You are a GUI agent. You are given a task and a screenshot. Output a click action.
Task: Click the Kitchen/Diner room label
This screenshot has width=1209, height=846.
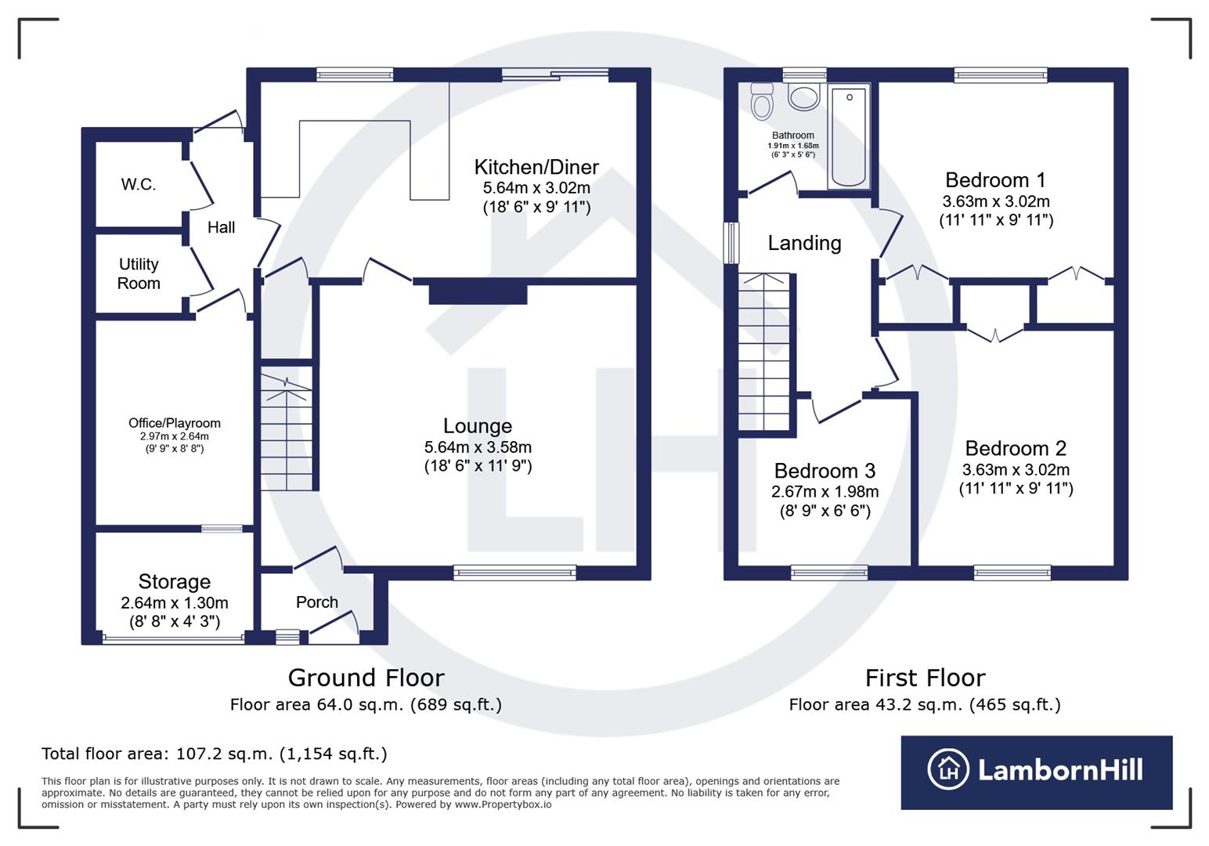536,167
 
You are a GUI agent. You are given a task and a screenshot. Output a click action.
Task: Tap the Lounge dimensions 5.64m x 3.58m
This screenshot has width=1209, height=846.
478,447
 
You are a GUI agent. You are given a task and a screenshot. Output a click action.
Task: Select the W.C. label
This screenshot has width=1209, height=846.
139,185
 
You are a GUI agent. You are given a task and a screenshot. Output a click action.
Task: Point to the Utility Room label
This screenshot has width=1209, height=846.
139,274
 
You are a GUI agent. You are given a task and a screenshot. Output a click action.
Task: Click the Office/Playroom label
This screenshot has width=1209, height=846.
175,423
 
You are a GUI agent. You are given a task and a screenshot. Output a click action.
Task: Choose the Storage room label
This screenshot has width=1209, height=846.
175,581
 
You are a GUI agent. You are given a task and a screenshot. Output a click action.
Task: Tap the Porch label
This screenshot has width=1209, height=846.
317,602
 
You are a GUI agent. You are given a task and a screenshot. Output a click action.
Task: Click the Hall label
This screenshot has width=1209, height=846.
221,227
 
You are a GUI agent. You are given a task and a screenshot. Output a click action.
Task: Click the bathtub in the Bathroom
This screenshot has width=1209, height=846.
849,137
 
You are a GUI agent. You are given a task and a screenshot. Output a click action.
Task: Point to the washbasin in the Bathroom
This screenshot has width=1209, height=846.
803,97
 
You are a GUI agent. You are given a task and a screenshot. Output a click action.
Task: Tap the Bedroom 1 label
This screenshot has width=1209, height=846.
995,180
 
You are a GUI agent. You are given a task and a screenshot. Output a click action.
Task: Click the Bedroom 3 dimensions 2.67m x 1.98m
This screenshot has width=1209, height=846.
825,492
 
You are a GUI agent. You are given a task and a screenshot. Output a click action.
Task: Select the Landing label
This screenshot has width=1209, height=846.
804,243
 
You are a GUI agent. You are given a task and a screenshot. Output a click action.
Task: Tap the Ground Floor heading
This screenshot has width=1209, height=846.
366,678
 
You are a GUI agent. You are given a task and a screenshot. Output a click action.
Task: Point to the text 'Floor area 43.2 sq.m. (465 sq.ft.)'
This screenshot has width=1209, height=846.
925,704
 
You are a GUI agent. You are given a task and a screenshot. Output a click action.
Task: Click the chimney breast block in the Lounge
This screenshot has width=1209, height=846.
478,294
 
